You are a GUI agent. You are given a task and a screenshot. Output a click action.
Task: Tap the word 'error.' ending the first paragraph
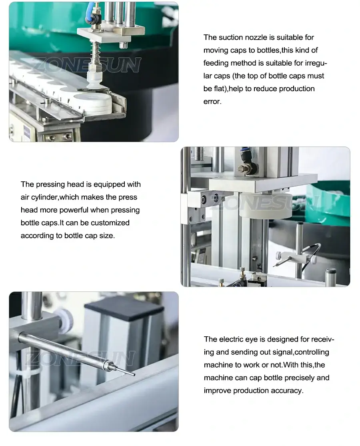pyautogui.click(x=212, y=102)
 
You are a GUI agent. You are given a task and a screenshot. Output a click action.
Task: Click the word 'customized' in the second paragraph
pyautogui.click(x=112, y=223)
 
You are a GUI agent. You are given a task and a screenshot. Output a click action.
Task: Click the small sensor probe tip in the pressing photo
pyautogui.click(x=278, y=264)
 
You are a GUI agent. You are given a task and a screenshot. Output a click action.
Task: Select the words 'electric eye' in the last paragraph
pyautogui.click(x=238, y=340)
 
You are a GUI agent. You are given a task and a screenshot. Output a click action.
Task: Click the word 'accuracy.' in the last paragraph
pyautogui.click(x=287, y=391)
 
